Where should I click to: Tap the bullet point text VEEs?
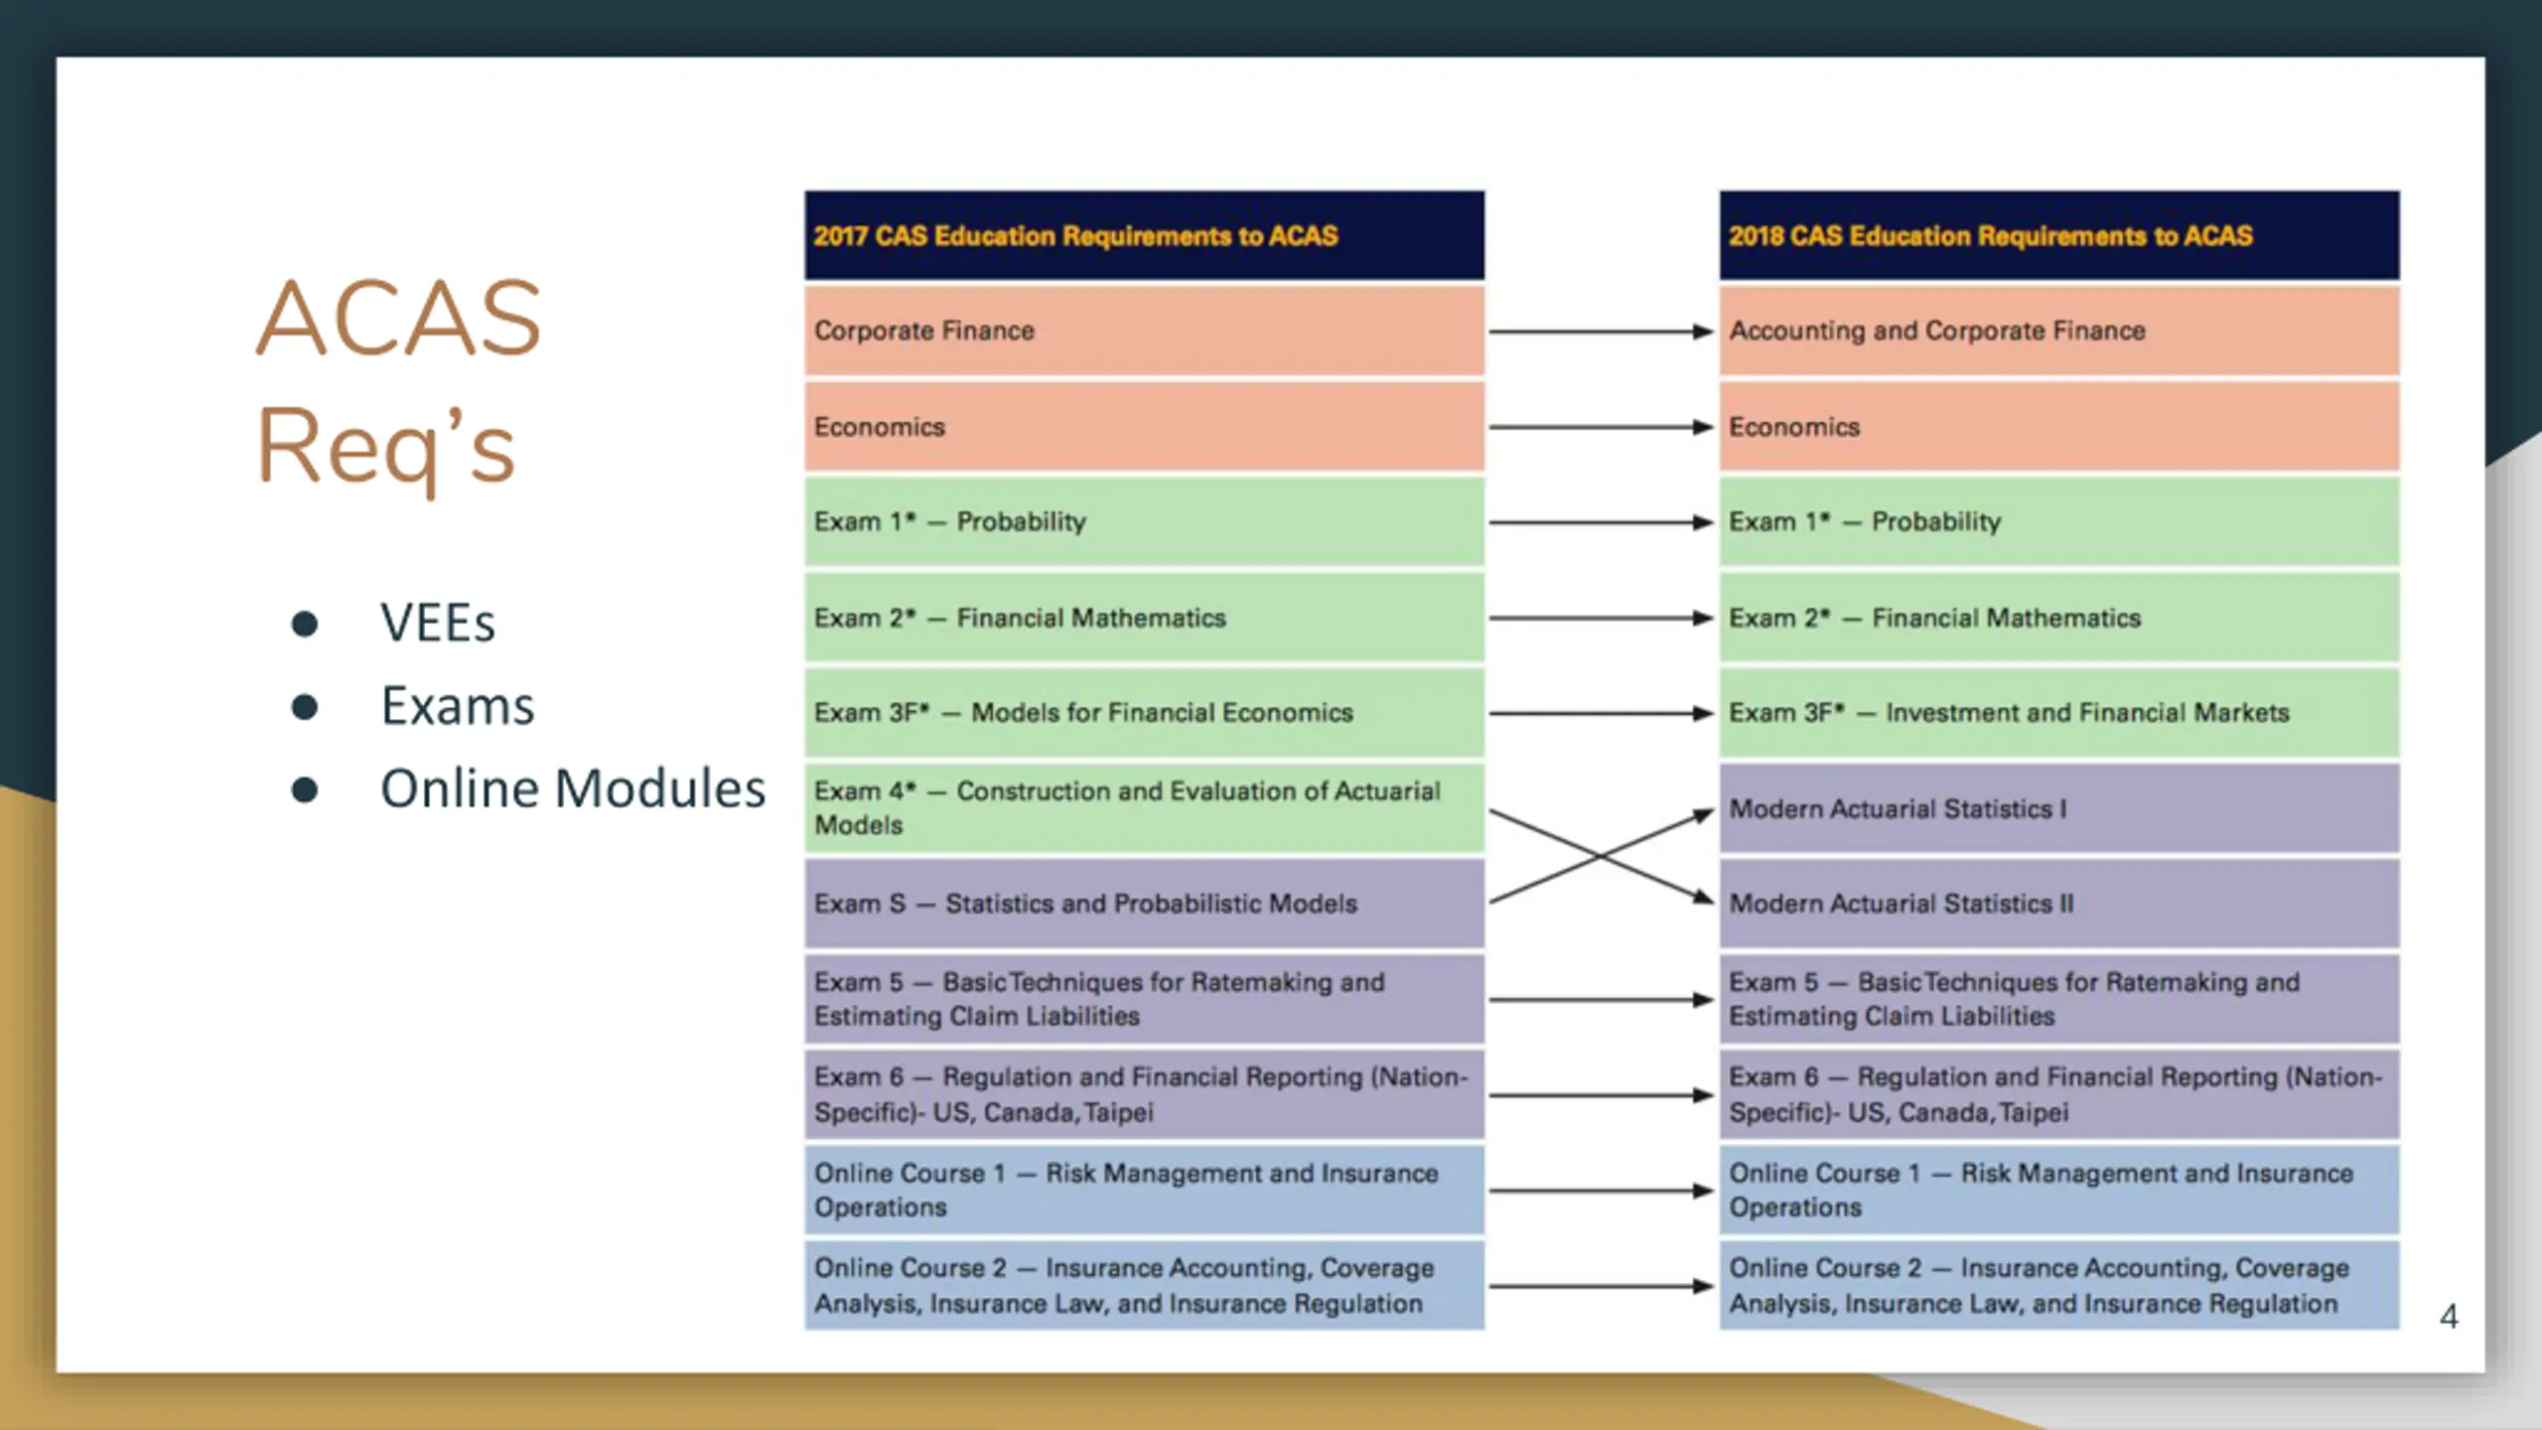(437, 624)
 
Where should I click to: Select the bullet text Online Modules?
(573, 789)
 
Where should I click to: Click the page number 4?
(2449, 1317)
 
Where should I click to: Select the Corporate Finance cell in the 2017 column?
(1144, 331)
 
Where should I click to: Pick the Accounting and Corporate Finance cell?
(2059, 331)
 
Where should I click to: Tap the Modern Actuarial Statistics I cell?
(2059, 808)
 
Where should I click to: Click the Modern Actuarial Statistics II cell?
(2059, 904)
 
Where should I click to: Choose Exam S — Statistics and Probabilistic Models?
(1144, 904)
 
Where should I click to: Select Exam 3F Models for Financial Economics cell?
(1144, 713)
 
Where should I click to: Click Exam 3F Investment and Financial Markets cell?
(2059, 713)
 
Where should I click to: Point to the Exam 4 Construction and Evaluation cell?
(1144, 808)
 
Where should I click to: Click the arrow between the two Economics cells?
(1601, 427)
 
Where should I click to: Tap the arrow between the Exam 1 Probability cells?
(1601, 522)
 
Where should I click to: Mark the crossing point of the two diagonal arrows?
(1600, 856)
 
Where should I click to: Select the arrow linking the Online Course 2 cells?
(1601, 1286)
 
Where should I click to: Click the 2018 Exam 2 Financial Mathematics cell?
(2059, 618)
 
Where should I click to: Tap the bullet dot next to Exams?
(305, 707)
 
